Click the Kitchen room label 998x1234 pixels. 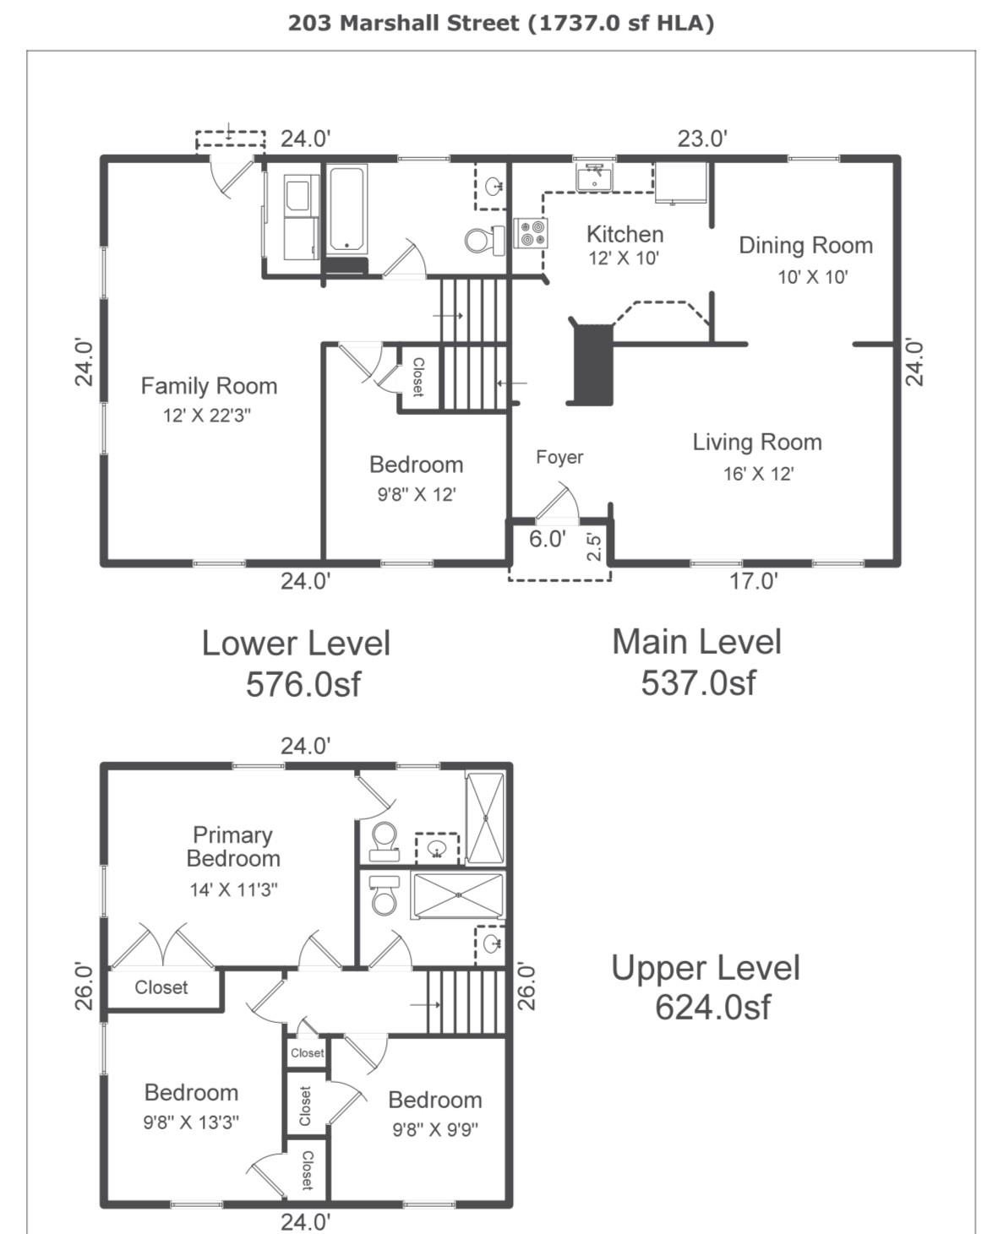624,234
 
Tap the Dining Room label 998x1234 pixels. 805,246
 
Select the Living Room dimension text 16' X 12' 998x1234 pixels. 758,474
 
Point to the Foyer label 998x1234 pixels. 559,457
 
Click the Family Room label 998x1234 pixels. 209,386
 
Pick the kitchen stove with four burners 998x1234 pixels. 532,232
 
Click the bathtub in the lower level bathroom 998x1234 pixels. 347,209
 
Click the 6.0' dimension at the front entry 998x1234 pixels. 547,539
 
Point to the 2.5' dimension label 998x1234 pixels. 595,546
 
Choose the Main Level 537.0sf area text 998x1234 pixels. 697,662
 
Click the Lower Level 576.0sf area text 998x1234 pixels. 297,664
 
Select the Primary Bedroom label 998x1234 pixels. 233,846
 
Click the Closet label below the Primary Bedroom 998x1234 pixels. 161,987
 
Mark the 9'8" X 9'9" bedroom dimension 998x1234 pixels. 435,1129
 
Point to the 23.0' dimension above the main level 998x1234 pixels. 702,139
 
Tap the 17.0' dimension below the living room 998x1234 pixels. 754,581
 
